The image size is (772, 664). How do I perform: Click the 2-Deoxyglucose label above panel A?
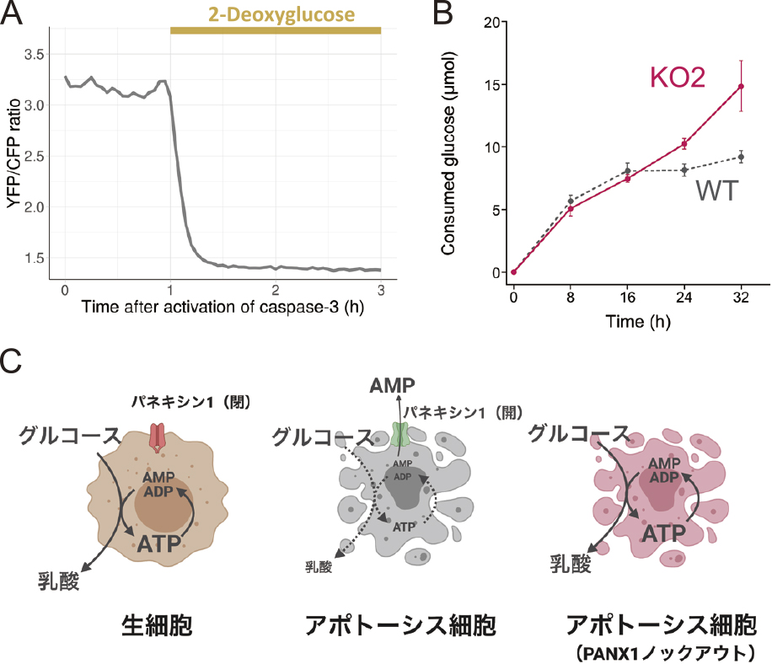281,15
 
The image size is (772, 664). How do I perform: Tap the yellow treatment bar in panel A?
276,30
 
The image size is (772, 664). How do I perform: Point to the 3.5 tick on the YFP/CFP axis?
34,54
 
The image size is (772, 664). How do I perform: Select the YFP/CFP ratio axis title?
13,153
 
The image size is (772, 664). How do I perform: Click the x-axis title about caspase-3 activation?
222,308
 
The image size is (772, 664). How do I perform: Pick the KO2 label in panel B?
678,78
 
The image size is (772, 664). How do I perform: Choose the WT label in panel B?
717,191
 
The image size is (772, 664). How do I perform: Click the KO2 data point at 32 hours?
741,87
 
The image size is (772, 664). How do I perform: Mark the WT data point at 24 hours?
684,170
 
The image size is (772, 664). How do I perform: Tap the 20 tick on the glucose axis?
491,23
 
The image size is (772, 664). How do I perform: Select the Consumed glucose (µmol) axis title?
448,153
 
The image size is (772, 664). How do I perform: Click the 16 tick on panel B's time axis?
627,297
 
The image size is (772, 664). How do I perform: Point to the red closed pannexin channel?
157,437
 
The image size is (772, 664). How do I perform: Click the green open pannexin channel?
401,434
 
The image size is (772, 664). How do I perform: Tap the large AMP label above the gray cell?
393,385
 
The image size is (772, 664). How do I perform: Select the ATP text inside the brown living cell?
159,544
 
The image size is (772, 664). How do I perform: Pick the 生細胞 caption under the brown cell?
157,625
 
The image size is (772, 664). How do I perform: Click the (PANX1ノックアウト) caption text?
665,654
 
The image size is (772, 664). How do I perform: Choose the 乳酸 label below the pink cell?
570,565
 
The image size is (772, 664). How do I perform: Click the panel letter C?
11,361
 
